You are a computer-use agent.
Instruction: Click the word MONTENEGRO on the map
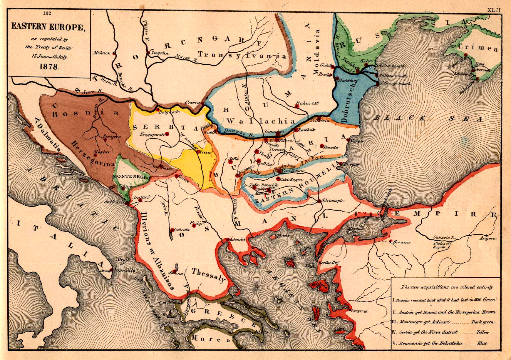131,177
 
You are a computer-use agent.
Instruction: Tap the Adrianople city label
333,201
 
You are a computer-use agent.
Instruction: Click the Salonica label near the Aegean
237,239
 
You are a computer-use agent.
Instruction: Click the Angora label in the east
487,238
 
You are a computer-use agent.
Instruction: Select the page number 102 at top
47,13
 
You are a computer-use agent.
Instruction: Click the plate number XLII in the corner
494,10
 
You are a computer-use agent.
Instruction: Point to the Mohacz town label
102,53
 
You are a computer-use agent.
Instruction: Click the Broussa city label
402,242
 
